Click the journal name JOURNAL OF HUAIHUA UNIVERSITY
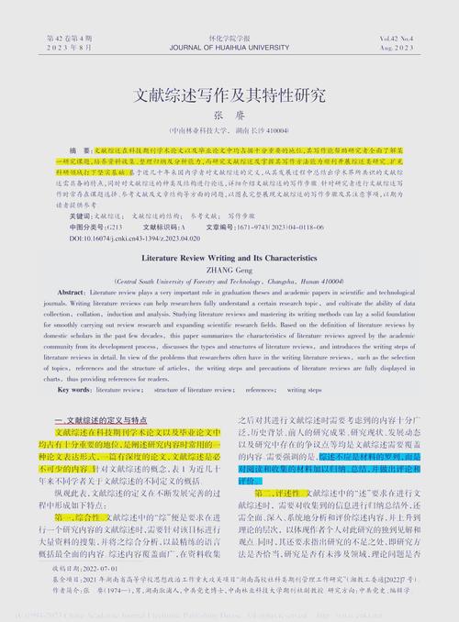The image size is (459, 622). [229, 48]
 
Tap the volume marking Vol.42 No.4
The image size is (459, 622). [395, 37]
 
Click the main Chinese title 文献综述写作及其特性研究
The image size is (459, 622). [229, 94]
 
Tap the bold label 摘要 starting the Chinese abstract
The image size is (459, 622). [81, 148]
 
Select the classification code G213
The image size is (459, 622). [114, 227]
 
